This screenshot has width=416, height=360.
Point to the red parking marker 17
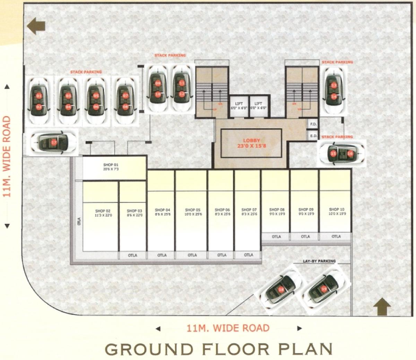tap(54, 142)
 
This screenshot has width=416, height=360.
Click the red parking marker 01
tap(38, 96)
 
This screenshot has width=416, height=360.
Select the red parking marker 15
tap(333, 153)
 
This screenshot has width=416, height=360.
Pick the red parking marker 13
tap(333, 85)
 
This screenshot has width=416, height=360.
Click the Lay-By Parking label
tap(319, 261)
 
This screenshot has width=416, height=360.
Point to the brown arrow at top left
tap(36, 26)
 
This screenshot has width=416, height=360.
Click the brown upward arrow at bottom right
tap(382, 307)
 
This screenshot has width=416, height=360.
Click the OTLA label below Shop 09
tap(305, 237)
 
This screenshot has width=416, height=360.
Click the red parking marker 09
tap(158, 83)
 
